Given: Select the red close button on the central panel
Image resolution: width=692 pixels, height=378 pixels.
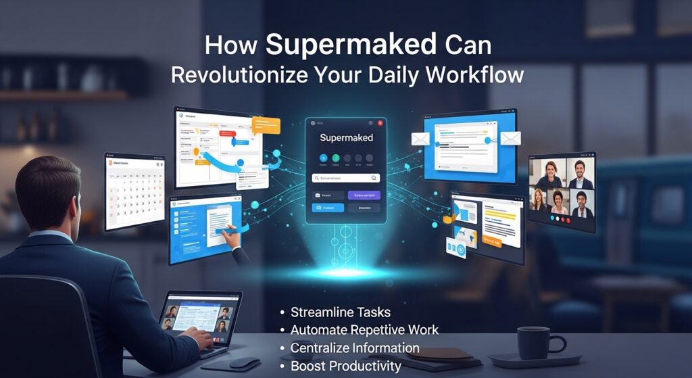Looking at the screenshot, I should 380,123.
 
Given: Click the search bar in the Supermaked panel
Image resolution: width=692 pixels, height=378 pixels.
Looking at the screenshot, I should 346,178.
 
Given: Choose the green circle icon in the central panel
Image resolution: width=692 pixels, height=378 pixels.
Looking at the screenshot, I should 336,159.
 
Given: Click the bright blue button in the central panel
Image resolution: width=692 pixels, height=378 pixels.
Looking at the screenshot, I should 328,208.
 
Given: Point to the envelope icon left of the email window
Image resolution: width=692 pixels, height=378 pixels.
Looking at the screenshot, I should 420,139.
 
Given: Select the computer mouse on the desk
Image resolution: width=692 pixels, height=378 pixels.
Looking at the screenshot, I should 245,362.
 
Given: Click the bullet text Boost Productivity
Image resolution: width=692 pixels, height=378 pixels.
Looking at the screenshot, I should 345,366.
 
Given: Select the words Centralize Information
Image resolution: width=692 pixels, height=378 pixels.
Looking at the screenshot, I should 355,348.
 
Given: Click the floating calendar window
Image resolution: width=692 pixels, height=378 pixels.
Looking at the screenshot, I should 134,191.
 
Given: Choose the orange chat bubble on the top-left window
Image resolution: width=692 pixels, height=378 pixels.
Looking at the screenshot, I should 265,125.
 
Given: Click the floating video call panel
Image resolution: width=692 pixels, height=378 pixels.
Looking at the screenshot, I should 562,191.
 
